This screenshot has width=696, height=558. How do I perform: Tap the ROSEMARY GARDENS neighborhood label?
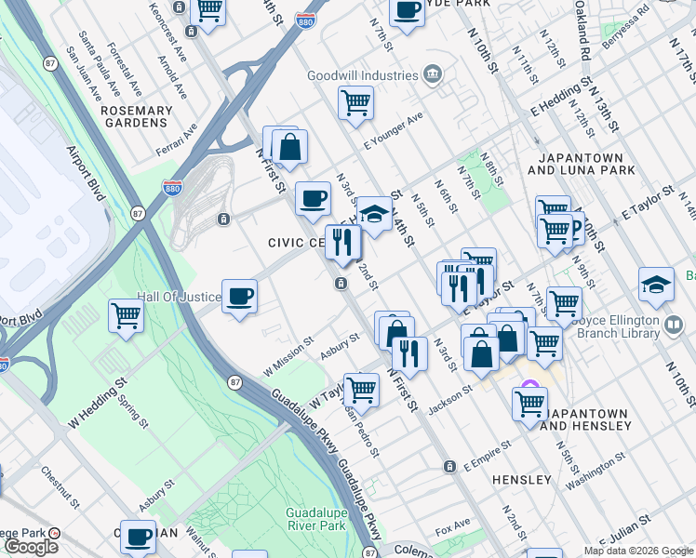click(x=137, y=116)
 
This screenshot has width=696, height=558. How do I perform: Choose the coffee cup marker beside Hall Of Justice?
click(x=240, y=297)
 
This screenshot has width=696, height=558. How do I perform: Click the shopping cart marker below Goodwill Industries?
click(x=355, y=103)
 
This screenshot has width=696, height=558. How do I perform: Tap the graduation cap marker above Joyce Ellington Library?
click(x=656, y=284)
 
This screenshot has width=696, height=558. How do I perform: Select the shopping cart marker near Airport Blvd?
click(x=126, y=314)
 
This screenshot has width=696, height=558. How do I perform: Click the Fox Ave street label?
click(x=452, y=527)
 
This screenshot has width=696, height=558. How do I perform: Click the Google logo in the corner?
click(x=31, y=547)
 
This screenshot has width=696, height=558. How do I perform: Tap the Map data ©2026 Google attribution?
click(x=638, y=551)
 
